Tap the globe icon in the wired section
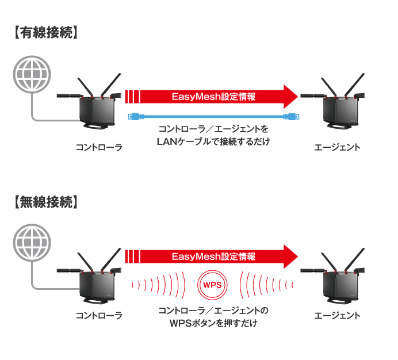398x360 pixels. pos(31,72)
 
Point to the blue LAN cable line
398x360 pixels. pos(213,116)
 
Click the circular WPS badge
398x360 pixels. pos(213,284)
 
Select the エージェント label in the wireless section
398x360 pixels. pos(338,316)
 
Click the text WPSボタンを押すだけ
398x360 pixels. pos(213,324)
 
